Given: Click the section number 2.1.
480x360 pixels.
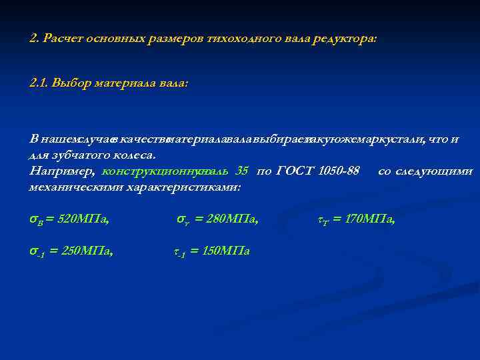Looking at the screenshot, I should pos(40,84).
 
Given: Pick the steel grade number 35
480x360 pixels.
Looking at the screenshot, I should pos(241,171).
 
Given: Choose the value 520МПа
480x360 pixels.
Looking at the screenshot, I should pos(84,218).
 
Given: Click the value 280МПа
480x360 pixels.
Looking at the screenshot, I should pos(233,218).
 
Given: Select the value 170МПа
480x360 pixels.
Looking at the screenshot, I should pos(370,218).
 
